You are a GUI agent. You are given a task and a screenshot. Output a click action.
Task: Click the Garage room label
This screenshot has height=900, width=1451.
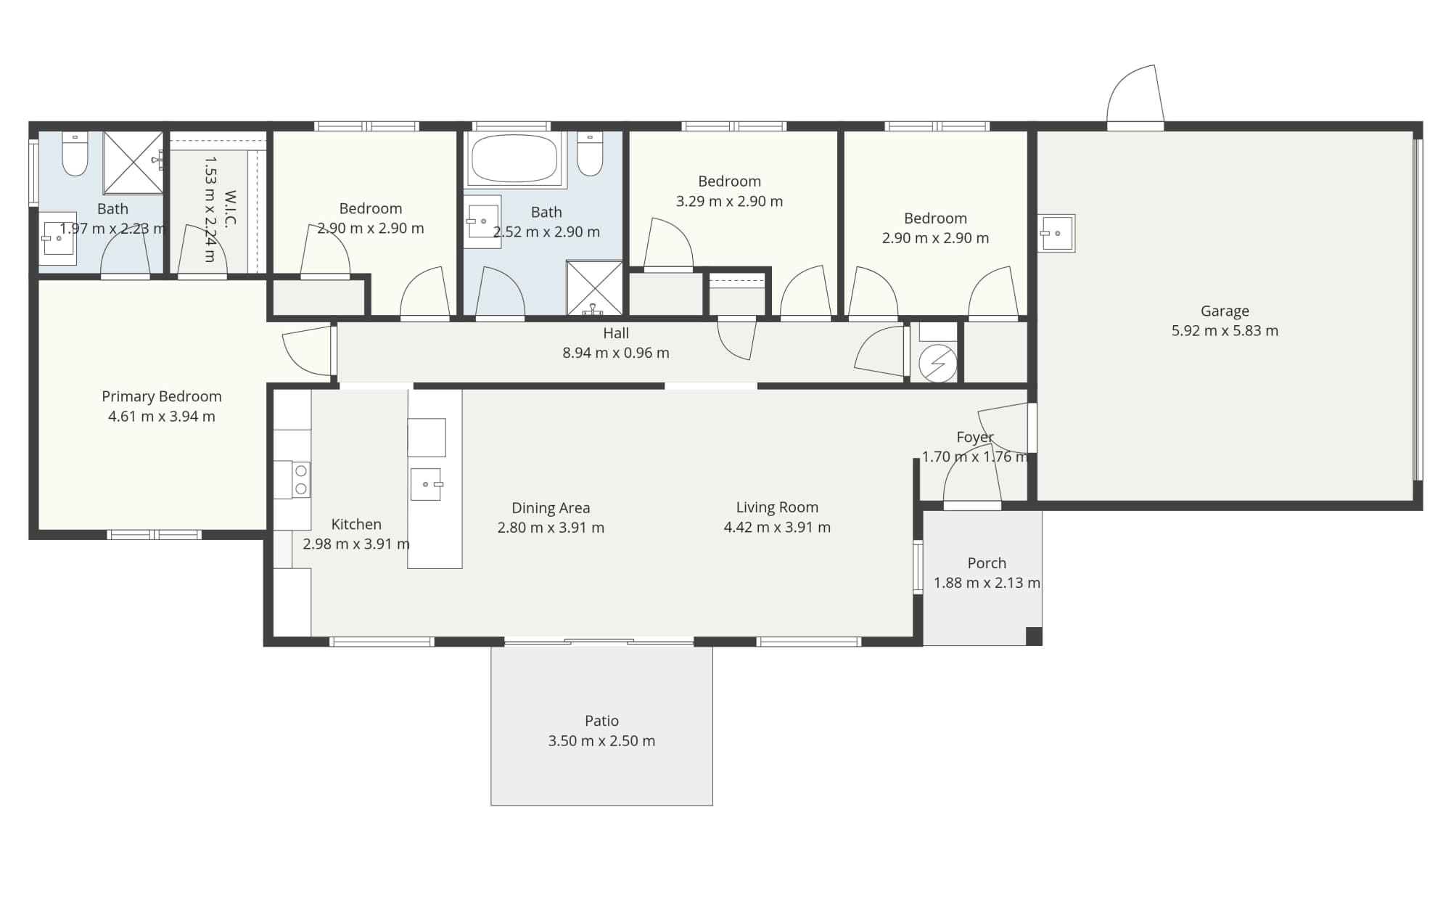[1225, 311]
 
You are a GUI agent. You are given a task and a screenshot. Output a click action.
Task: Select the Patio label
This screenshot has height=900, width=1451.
[601, 721]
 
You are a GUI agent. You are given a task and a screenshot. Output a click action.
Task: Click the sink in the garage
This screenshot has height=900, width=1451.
[1056, 233]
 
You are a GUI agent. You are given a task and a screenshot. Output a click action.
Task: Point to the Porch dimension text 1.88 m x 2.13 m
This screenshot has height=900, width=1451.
[987, 583]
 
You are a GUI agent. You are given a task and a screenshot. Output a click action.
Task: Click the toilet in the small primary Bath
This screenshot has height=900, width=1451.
[75, 153]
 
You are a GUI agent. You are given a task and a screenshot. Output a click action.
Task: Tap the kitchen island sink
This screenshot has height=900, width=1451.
[426, 484]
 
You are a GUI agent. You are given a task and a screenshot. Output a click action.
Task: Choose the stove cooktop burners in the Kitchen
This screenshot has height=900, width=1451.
[301, 480]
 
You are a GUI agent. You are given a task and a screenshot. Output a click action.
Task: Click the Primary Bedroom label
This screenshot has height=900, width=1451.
[161, 396]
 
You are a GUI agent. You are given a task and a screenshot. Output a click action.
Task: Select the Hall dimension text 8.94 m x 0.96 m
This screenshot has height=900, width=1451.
[616, 353]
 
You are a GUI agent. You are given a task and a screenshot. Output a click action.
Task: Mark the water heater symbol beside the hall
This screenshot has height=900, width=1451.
[937, 364]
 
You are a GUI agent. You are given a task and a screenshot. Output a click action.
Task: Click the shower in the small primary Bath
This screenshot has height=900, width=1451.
[133, 163]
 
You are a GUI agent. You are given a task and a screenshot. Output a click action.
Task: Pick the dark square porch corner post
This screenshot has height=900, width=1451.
[1034, 636]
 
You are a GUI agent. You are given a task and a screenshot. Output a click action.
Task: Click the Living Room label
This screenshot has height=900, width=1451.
[777, 507]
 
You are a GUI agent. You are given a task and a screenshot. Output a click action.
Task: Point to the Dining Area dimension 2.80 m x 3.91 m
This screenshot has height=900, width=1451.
[551, 528]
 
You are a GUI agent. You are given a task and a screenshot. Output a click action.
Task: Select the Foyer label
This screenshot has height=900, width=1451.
[975, 437]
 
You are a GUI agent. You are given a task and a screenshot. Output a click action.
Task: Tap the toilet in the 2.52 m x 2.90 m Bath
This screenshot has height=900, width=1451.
[590, 153]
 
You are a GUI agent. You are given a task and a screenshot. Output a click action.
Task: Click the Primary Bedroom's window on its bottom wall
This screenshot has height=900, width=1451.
[155, 535]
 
